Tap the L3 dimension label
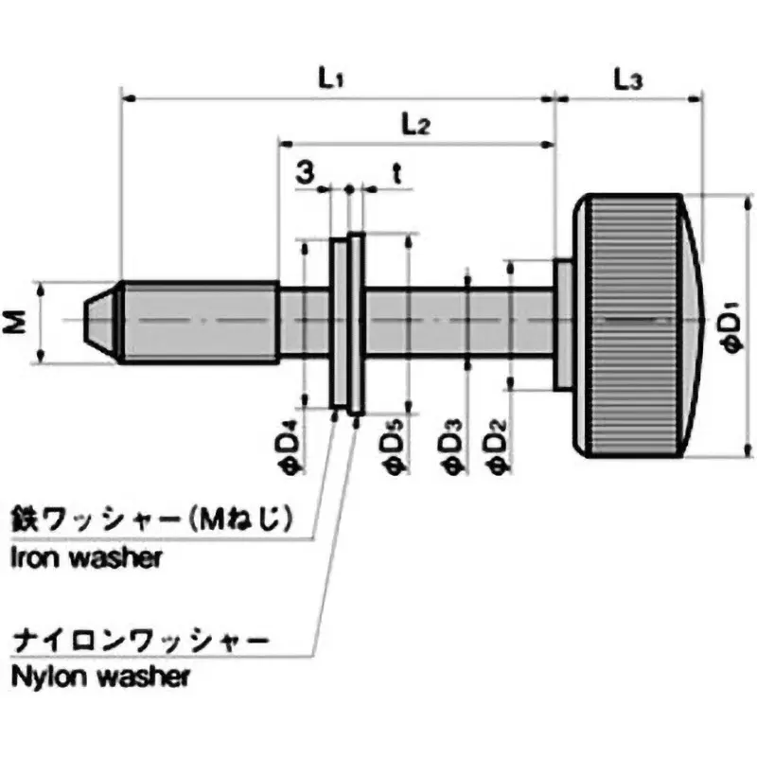pyautogui.click(x=627, y=80)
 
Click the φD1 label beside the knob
pyautogui.click(x=732, y=326)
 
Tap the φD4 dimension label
pyautogui.click(x=294, y=447)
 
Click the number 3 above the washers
pyautogui.click(x=305, y=172)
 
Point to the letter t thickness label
pyautogui.click(x=397, y=172)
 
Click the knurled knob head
pyautogui.click(x=629, y=325)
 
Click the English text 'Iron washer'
pyautogui.click(x=86, y=556)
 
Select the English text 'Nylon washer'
pyautogui.click(x=100, y=677)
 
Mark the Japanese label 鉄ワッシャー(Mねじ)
pyautogui.click(x=148, y=520)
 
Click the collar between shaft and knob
pyautogui.click(x=562, y=324)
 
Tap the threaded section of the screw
pyautogui.click(x=199, y=322)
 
